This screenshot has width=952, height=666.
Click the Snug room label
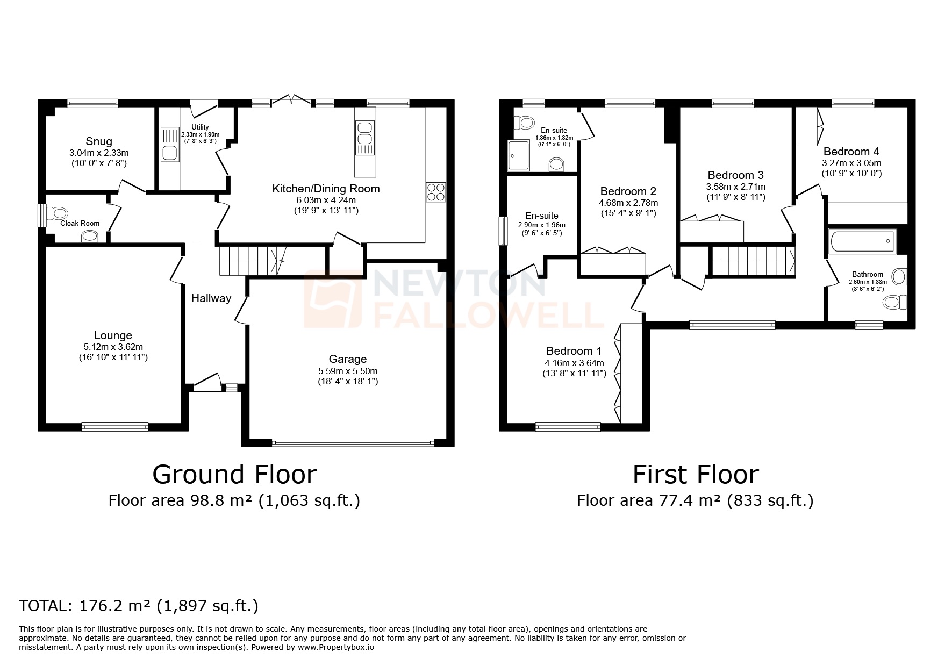[x=99, y=141]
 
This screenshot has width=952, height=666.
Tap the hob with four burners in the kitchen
[x=435, y=192]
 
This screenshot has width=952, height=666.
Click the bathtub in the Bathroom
[x=862, y=241]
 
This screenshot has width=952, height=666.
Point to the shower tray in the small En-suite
[x=519, y=155]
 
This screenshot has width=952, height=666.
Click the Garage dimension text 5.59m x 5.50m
[x=348, y=371]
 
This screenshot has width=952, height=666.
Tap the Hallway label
[x=211, y=298]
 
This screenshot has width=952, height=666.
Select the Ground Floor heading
[x=234, y=475]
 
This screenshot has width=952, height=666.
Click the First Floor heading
[x=695, y=475]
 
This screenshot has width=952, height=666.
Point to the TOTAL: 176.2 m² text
[x=139, y=606]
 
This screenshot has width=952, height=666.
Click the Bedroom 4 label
[x=851, y=152]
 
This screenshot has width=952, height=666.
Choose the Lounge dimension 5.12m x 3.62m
[x=113, y=347]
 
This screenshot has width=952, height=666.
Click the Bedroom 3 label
[x=735, y=175]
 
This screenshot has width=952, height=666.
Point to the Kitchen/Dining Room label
[x=326, y=189]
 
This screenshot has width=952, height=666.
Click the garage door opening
[x=353, y=443]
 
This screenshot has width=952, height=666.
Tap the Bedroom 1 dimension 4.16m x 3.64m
[x=574, y=363]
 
